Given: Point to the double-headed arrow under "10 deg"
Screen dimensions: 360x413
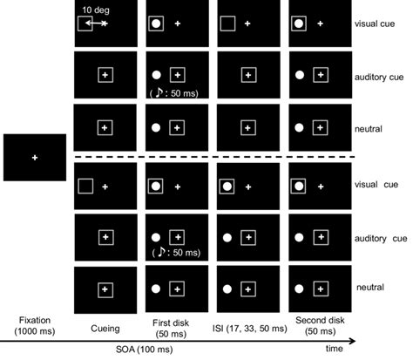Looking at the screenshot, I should [x=95, y=23].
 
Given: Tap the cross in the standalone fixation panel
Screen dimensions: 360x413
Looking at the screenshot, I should [x=35, y=158].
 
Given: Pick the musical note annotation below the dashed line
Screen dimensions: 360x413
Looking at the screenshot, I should [x=157, y=253].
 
